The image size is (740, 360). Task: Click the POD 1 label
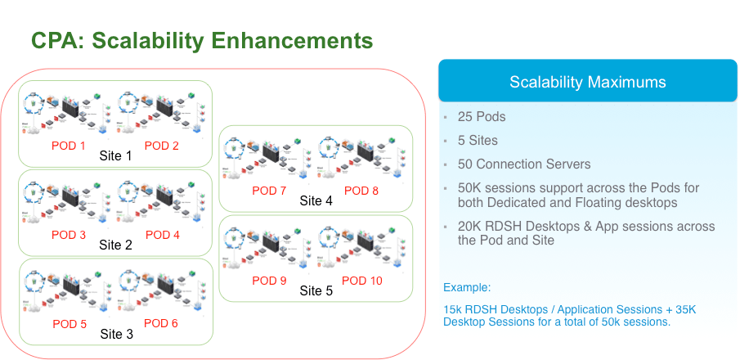click(x=69, y=146)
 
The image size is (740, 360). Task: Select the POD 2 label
click(x=162, y=146)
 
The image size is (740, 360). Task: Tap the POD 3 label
click(x=69, y=235)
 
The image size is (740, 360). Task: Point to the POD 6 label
click(x=162, y=323)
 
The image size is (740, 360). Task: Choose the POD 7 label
click(x=269, y=191)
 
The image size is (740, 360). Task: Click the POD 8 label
click(x=361, y=191)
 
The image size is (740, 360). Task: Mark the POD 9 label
click(x=269, y=281)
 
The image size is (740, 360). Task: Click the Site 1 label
click(x=115, y=155)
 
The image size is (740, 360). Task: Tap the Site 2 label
click(x=115, y=245)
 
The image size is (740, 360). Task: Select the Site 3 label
click(x=116, y=334)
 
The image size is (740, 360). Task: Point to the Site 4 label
click(x=316, y=200)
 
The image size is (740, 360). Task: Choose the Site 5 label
click(x=316, y=290)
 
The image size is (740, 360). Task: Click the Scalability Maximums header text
click(x=587, y=82)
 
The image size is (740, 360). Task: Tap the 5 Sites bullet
click(x=478, y=140)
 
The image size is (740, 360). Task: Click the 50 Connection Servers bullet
click(x=524, y=164)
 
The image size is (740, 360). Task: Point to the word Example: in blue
click(x=467, y=287)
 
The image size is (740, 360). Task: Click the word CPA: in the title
click(x=58, y=40)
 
